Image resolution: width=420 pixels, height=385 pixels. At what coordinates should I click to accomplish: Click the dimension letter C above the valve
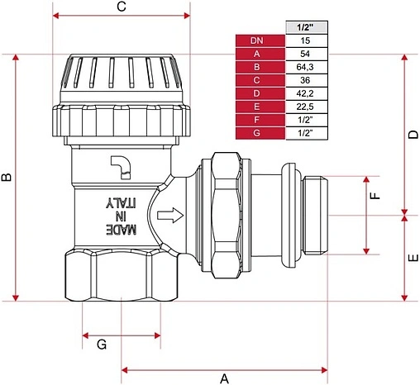tap(122, 6)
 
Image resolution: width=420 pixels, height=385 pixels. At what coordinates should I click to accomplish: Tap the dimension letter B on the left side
tap(7, 177)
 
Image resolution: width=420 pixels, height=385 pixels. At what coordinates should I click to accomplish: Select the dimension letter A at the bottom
tap(225, 379)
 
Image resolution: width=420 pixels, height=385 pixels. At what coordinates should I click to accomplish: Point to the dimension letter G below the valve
tap(102, 345)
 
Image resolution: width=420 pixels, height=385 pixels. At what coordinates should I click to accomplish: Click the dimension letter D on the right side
tap(413, 135)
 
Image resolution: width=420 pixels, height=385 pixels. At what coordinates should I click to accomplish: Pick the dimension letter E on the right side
tap(413, 258)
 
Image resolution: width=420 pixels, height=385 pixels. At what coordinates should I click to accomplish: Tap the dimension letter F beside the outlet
tap(375, 195)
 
